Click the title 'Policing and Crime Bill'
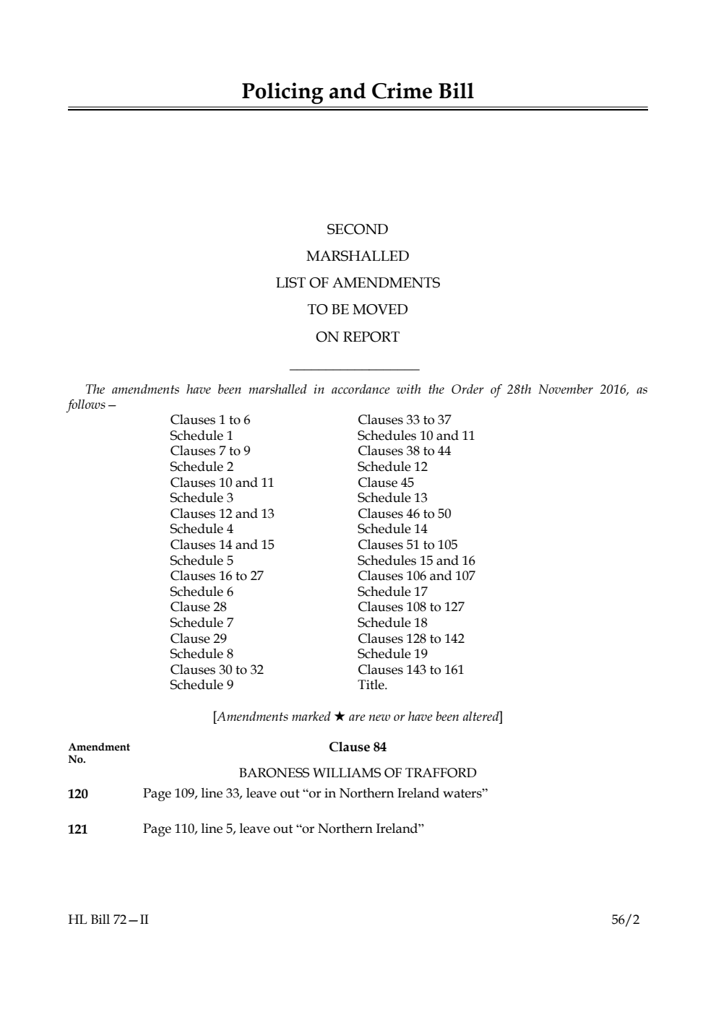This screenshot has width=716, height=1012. [x=358, y=92]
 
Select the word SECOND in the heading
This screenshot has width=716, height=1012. [x=357, y=230]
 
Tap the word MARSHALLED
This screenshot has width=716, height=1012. [x=357, y=256]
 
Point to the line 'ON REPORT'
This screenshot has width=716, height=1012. [x=357, y=337]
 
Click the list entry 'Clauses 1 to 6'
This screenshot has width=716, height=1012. [x=210, y=420]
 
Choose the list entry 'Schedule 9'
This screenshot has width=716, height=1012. [x=202, y=685]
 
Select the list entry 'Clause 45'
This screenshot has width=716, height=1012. [x=386, y=483]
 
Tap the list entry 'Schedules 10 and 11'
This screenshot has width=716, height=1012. [x=416, y=436]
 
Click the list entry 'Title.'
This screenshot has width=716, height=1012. [x=372, y=685]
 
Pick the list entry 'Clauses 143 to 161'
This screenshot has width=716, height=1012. [x=410, y=670]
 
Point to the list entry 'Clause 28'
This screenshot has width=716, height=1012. [x=198, y=607]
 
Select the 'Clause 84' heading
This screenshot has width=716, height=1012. [x=357, y=747]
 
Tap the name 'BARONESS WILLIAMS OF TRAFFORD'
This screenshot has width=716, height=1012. [x=357, y=773]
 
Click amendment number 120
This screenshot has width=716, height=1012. [x=78, y=794]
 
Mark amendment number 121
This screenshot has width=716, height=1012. [x=78, y=829]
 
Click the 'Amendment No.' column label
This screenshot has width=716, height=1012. [x=98, y=753]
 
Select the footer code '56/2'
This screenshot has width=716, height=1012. [x=625, y=920]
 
